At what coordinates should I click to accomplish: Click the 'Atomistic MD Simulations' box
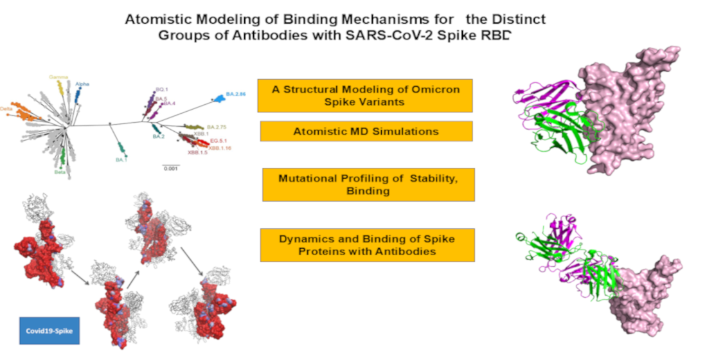click(x=366, y=131)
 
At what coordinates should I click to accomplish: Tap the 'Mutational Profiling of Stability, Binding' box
click(x=368, y=184)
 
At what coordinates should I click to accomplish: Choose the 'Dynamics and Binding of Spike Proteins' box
click(x=367, y=245)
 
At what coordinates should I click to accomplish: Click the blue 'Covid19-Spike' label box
click(x=46, y=330)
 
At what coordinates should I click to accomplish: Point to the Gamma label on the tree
click(x=59, y=76)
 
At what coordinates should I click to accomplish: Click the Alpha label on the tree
click(x=82, y=84)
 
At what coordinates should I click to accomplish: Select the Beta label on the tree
click(x=61, y=172)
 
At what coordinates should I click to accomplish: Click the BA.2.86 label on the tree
click(x=236, y=94)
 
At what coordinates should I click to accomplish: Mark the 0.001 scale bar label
click(x=170, y=168)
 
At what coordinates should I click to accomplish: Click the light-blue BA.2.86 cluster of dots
click(x=218, y=98)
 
